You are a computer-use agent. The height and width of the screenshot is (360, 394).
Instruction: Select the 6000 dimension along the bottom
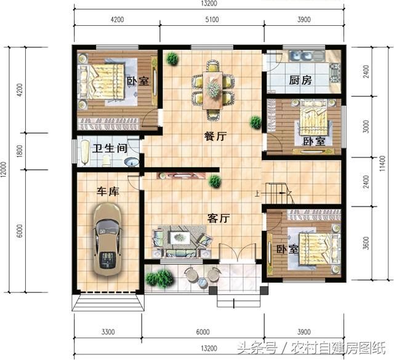[x=203, y=332]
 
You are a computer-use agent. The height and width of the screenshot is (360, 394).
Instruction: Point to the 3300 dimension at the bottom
[x=107, y=332]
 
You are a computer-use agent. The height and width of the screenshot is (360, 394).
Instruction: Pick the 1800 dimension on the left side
[x=19, y=150]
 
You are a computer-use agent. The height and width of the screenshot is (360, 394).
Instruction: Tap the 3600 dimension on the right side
[x=367, y=243]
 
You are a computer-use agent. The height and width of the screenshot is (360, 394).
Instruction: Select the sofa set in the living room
[x=180, y=239]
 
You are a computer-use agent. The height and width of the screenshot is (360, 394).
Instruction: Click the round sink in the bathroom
[x=131, y=162]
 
